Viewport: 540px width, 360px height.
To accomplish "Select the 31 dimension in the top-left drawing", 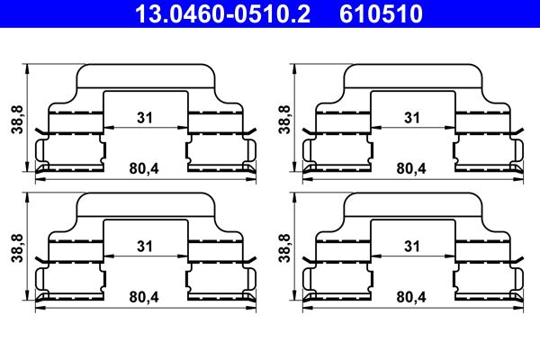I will [x=144, y=117].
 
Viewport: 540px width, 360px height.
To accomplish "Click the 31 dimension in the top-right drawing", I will [x=412, y=117].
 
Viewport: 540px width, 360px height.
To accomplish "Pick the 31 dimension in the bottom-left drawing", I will [x=144, y=246].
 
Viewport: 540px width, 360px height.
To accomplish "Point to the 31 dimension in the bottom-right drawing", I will [x=412, y=246].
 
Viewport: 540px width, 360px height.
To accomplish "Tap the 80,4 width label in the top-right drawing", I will [x=411, y=168].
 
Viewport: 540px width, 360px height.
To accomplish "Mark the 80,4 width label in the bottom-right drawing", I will [x=411, y=297].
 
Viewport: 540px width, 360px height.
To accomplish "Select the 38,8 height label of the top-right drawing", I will [x=284, y=118].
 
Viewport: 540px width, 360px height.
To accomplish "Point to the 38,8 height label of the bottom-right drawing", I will [x=284, y=247].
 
